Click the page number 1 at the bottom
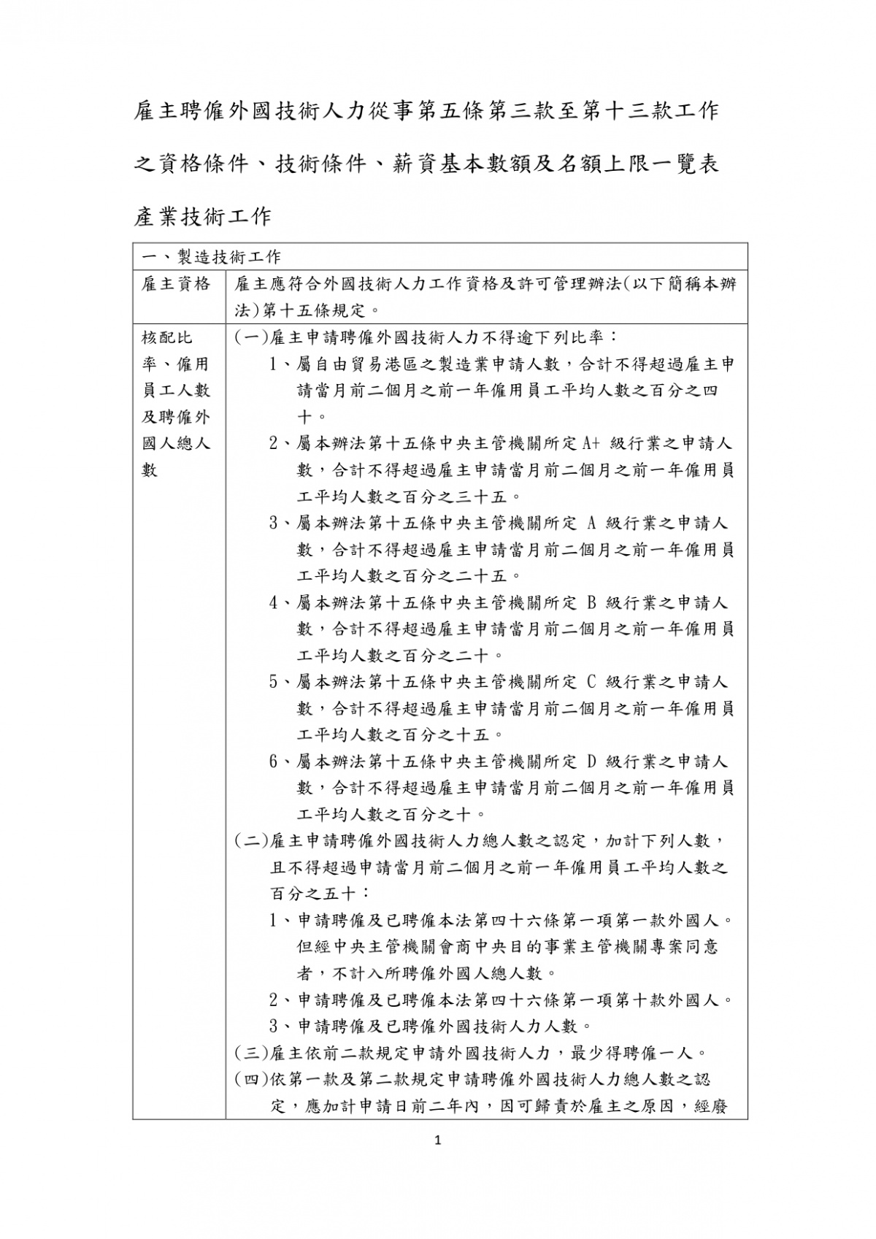click(438, 1162)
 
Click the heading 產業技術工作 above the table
click(203, 216)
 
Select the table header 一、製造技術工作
click(211, 257)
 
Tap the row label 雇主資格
click(176, 284)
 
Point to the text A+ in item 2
click(591, 443)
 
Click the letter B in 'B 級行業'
click(592, 602)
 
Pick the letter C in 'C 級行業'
click(592, 682)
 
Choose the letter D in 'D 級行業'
click(592, 762)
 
